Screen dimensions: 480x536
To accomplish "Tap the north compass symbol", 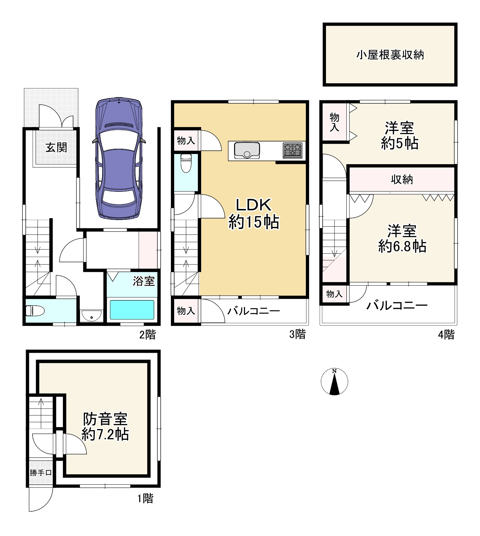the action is pyautogui.click(x=334, y=382).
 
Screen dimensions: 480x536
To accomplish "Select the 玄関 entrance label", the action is pyautogui.click(x=56, y=147).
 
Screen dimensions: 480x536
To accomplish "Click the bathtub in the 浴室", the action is pyautogui.click(x=132, y=310).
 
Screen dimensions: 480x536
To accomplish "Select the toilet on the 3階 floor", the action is pyautogui.click(x=186, y=163).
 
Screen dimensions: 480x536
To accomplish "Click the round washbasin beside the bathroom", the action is pyautogui.click(x=92, y=317).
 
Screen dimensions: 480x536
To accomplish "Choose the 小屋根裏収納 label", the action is pyautogui.click(x=390, y=55).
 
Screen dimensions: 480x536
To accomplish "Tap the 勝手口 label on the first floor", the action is pyautogui.click(x=40, y=473).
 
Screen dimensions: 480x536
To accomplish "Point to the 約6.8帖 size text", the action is pyautogui.click(x=402, y=246).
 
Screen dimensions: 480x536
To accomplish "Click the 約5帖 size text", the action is pyautogui.click(x=400, y=143).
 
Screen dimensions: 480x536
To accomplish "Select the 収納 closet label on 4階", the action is pyautogui.click(x=402, y=179).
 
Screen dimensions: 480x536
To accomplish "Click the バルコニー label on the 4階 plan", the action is pyautogui.click(x=397, y=305).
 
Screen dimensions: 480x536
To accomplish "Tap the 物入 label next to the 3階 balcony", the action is pyautogui.click(x=186, y=310).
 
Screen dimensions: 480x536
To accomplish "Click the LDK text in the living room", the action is pyautogui.click(x=254, y=205).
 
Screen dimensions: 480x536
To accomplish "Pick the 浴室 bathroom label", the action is pyautogui.click(x=144, y=281).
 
